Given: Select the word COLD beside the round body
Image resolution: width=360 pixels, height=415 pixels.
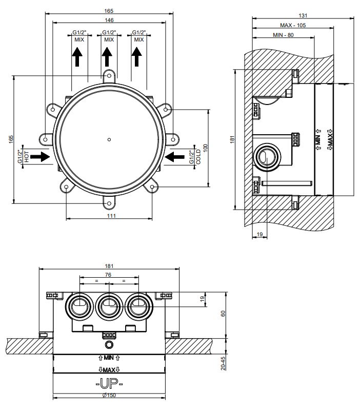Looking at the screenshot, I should pyautogui.click(x=198, y=157).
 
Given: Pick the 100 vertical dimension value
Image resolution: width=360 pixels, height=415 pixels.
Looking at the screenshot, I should pyautogui.click(x=206, y=147).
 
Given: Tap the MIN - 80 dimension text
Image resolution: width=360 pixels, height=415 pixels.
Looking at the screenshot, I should pyautogui.click(x=283, y=35).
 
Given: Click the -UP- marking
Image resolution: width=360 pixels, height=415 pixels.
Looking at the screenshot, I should pyautogui.click(x=109, y=383).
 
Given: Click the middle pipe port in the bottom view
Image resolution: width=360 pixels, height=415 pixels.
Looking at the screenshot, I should pyautogui.click(x=108, y=308).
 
